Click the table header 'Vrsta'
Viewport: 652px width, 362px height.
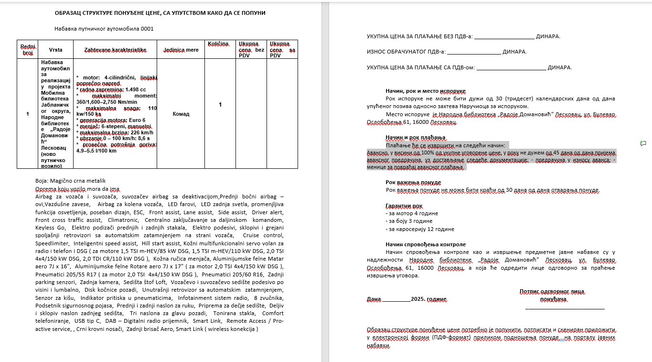[55, 50]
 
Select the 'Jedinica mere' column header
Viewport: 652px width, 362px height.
[181, 50]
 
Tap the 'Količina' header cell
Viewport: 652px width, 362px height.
[218, 44]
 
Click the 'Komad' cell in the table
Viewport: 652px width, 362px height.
[181, 114]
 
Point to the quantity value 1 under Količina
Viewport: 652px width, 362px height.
[220, 104]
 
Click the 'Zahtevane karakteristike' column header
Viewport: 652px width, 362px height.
[115, 50]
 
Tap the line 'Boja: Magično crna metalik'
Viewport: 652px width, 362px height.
[70, 180]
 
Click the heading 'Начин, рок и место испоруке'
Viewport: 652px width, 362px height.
[425, 91]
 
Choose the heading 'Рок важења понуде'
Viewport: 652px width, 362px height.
[413, 182]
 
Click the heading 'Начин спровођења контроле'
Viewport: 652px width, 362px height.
[426, 244]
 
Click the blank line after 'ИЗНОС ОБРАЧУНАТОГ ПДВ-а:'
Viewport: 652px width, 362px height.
[474, 52]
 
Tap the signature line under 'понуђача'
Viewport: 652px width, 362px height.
[565, 308]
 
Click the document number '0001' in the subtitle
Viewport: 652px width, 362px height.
[147, 29]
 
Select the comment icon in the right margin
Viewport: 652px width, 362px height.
[643, 143]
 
